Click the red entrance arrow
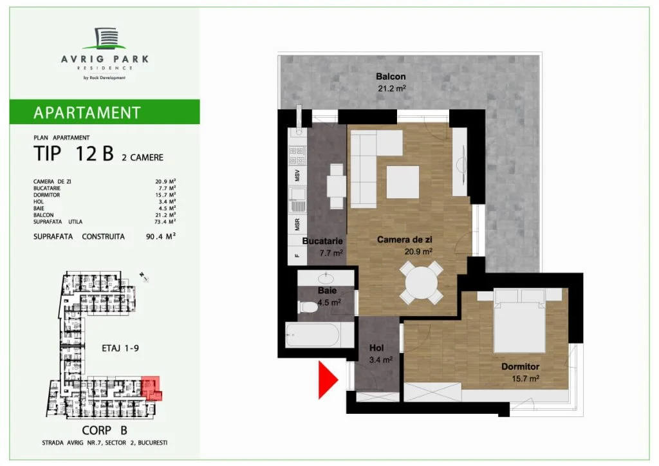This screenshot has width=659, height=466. [328, 380]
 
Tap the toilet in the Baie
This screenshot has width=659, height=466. [307, 307]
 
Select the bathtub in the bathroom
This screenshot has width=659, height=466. [313, 335]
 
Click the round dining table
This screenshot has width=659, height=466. [421, 283]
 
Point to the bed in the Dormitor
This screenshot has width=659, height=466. [520, 320]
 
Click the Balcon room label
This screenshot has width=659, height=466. [391, 77]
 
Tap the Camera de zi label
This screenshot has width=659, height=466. [404, 239]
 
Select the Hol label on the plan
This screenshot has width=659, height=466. [376, 348]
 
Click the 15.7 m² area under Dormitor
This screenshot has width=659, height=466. [525, 378]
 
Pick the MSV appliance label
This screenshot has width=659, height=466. [297, 175]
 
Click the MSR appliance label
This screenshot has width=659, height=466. [297, 225]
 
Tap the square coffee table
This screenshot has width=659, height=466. [403, 182]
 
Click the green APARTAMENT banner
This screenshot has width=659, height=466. [105, 112]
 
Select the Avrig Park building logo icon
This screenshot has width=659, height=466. [105, 39]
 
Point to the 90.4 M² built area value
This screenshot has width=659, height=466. [160, 237]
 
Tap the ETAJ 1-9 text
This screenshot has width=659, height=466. [120, 348]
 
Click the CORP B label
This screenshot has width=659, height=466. [104, 431]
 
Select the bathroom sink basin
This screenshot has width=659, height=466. [326, 278]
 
